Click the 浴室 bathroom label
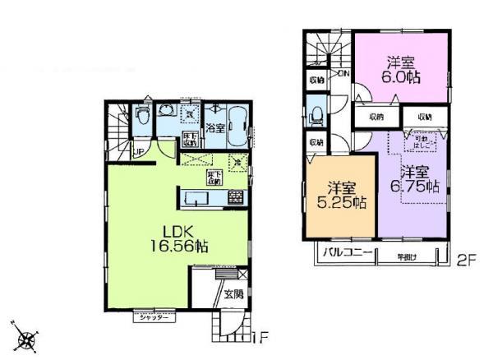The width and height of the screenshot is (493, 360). point(215,128)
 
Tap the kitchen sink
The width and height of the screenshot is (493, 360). point(197,197)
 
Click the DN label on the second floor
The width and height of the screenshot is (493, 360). point(343,73)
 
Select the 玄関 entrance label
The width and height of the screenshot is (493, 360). point(233,293)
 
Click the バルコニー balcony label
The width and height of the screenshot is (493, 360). point(348,253)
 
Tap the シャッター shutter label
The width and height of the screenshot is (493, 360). point(154,316)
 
